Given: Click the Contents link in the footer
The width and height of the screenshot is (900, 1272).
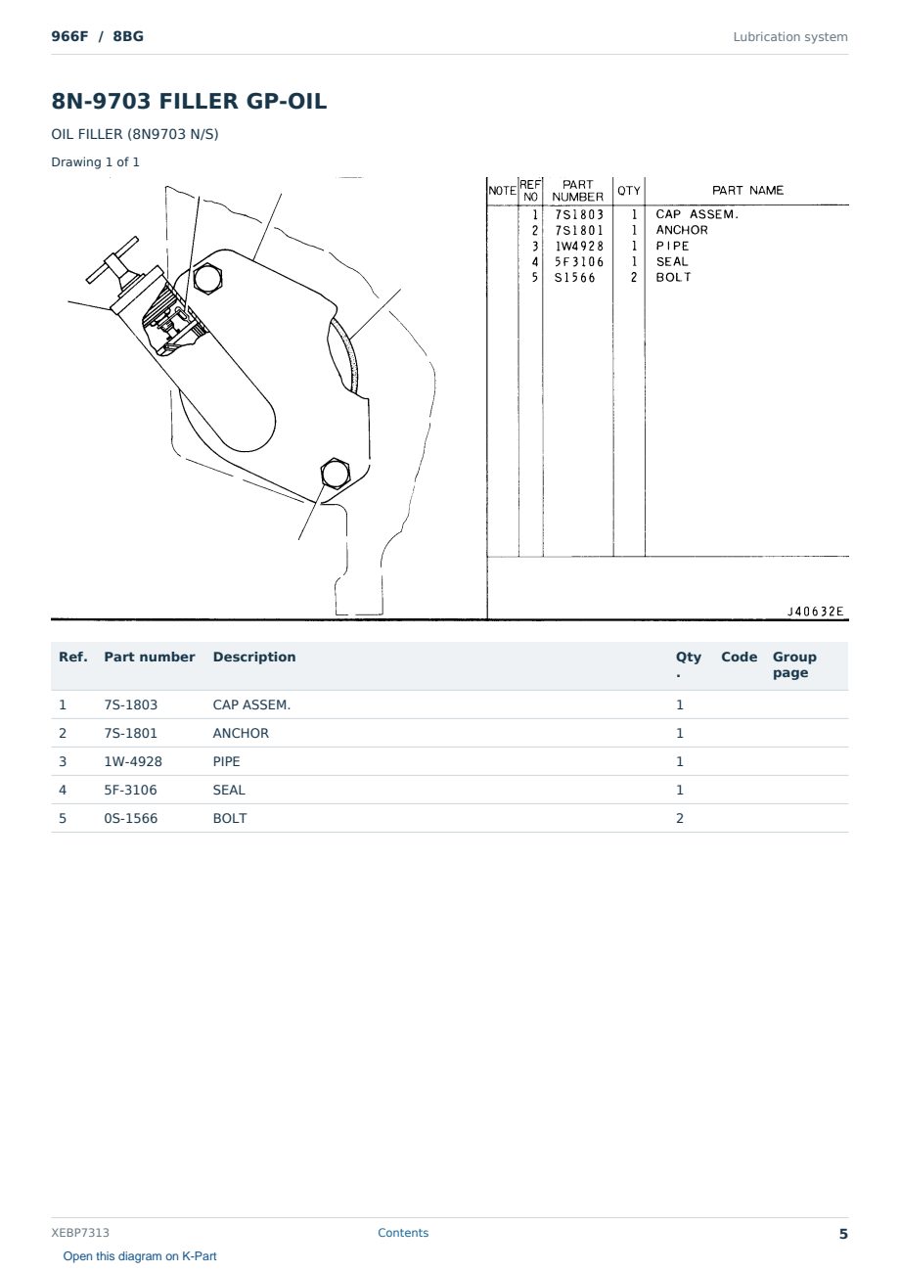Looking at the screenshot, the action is pos(403,1233).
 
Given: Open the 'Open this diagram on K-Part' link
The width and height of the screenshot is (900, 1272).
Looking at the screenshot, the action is pos(140,1256).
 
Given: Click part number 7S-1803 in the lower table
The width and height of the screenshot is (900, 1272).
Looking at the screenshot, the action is pos(130,704).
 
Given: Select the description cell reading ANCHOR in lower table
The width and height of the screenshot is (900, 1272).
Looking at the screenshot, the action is pos(241,733).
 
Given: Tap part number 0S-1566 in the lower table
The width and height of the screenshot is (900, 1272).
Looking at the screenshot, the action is pos(130,818).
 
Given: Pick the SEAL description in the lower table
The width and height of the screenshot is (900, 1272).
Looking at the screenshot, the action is pos(229,790).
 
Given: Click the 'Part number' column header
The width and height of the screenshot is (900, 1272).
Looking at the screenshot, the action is pos(149,657).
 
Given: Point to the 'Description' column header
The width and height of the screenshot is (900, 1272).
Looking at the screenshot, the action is pos(253,657).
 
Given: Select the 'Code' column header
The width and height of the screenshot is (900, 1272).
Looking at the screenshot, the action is pos(739,657).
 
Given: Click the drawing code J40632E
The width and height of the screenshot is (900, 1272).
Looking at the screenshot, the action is pos(816,612).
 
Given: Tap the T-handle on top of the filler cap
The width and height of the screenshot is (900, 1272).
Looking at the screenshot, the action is pos(112,260).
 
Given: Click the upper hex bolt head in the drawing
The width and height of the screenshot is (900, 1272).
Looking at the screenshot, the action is pos(207,279).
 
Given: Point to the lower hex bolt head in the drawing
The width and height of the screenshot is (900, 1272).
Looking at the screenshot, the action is pos(335,474).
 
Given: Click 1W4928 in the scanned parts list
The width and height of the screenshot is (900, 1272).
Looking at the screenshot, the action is pos(578,247).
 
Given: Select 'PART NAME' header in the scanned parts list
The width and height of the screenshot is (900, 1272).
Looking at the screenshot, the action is pos(747,191).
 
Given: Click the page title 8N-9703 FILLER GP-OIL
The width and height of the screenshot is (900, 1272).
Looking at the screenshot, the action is pos(189,101).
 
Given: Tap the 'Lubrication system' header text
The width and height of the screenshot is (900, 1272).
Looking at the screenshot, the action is pos(790,37).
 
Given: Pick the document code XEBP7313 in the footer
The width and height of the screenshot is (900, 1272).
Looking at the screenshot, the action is pos(80,1233).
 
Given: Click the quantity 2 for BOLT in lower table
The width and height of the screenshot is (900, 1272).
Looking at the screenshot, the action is pos(680,818).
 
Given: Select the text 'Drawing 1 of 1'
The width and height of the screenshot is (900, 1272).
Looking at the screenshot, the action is pos(96,162).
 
